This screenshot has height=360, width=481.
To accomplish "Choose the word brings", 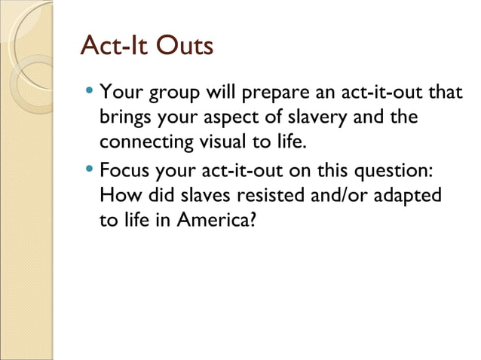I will (123, 118).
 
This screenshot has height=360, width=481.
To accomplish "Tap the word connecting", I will (144, 142).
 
